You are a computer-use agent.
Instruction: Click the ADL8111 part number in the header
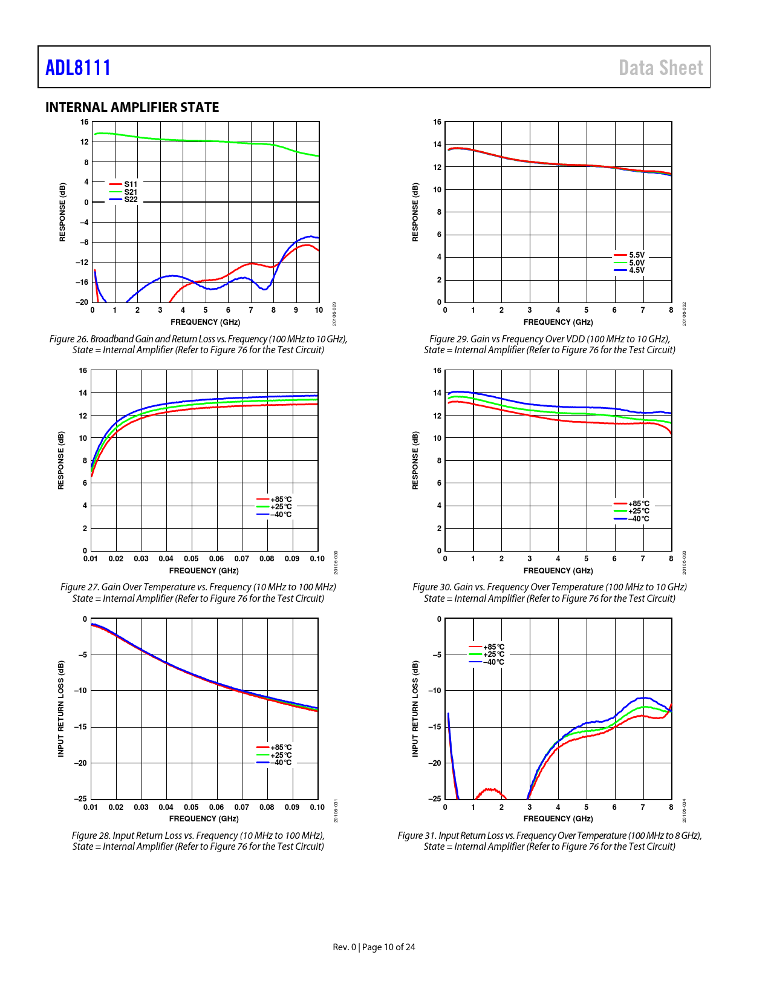78,67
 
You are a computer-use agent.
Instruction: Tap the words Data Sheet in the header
660,68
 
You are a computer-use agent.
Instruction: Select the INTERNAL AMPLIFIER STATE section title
132,107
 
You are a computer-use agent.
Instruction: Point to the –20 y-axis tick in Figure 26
82,302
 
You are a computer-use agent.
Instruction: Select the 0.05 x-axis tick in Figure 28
191,807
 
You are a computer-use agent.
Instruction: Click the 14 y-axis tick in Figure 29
437,145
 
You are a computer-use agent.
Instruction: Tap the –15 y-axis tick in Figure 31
435,727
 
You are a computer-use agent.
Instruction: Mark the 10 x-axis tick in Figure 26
319,310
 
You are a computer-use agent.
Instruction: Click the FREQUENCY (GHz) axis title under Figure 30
558,570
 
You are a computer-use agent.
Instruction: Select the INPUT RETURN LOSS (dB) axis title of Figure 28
61,708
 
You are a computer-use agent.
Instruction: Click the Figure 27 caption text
198,593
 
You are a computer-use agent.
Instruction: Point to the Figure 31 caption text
549,841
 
